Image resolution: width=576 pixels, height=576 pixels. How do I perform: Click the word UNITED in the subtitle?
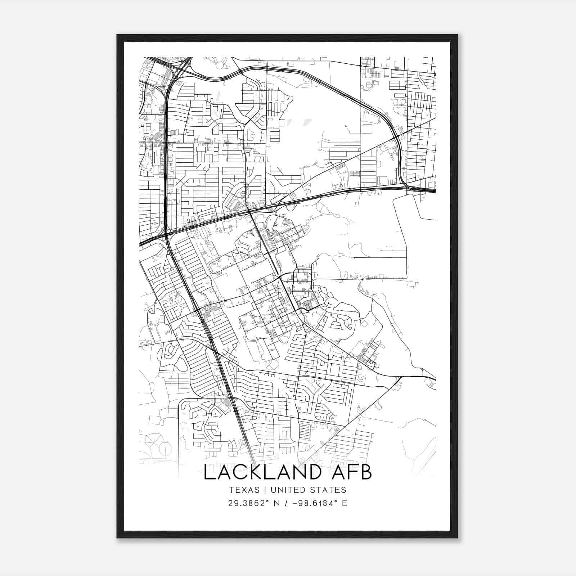(287, 490)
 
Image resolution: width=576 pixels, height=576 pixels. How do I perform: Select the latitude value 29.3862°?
(248, 503)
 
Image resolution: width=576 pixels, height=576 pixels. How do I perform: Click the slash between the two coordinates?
(285, 503)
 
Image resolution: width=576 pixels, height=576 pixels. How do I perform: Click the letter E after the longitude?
(345, 503)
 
